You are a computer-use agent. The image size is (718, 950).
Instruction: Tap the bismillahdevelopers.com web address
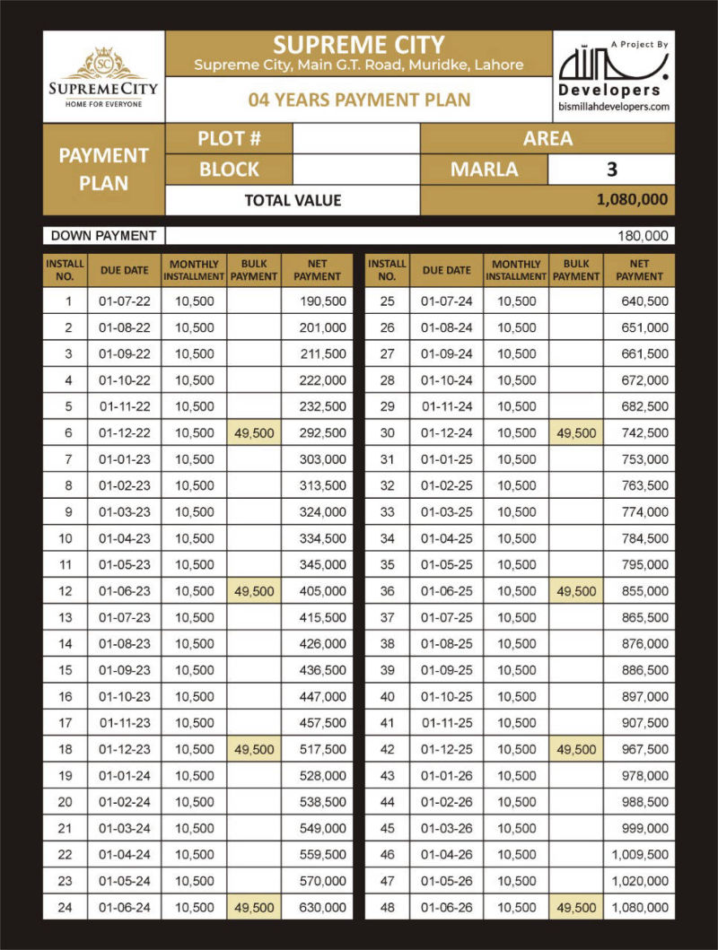(613, 107)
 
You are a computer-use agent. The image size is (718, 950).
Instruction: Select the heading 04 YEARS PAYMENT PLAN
(359, 100)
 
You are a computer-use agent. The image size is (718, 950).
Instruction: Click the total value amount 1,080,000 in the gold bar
(632, 200)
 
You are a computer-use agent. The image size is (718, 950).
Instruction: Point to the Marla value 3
(611, 170)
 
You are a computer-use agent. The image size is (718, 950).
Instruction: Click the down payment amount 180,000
(643, 237)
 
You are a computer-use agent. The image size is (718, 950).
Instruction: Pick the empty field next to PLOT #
(356, 139)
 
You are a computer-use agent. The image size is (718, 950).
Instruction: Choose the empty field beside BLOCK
(356, 170)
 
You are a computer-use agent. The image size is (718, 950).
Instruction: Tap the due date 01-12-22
(125, 433)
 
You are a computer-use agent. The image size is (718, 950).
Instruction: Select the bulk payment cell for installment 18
(254, 749)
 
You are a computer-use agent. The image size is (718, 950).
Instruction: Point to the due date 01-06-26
(446, 908)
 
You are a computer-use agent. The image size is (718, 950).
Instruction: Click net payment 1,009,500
(639, 855)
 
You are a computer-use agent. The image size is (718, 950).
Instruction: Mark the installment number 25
(388, 301)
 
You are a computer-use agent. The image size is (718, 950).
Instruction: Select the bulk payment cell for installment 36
(576, 591)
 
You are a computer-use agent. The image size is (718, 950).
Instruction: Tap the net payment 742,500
(644, 433)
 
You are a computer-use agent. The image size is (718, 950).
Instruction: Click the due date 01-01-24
(125, 776)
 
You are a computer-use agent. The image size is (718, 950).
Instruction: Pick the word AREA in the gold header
(547, 139)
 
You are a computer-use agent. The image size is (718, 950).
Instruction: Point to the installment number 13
(66, 618)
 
